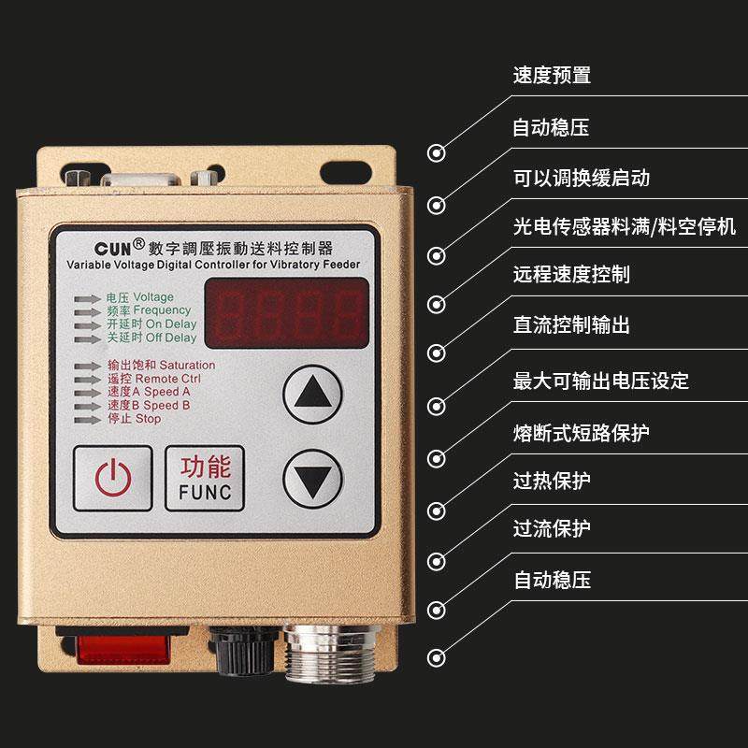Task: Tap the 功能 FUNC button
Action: click(204, 477)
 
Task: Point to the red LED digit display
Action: click(286, 312)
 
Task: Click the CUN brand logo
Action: click(120, 248)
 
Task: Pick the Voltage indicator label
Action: click(139, 297)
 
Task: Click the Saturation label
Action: click(161, 365)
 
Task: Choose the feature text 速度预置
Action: click(552, 76)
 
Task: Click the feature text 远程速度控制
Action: click(571, 274)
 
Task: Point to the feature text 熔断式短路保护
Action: click(581, 432)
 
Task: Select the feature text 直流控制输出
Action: click(571, 324)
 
